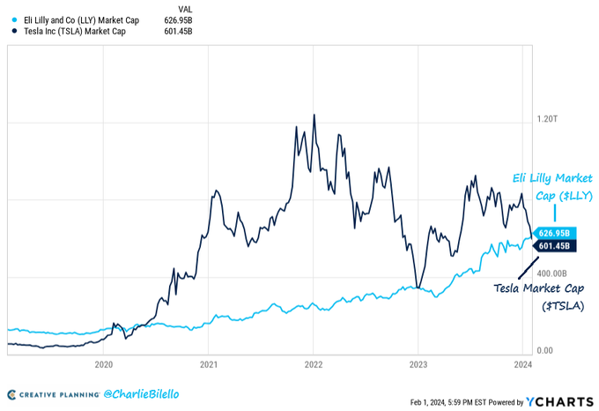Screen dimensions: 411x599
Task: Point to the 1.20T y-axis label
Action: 551,119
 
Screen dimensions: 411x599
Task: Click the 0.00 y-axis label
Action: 545,350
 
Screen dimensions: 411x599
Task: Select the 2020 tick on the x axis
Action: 103,362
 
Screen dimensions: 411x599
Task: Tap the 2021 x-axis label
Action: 209,362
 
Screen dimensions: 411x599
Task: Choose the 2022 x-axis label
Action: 314,362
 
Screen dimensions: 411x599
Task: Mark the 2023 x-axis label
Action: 418,362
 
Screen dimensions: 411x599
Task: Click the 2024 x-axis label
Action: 522,362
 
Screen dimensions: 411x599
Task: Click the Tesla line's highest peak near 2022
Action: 314,115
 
